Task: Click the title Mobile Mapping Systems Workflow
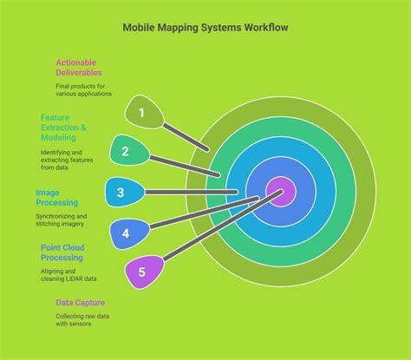click(205, 28)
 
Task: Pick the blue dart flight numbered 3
click(122, 193)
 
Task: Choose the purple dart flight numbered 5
click(142, 271)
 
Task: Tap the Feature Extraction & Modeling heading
click(70, 126)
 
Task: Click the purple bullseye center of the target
click(281, 192)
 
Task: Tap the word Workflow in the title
click(264, 28)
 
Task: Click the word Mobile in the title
click(139, 28)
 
